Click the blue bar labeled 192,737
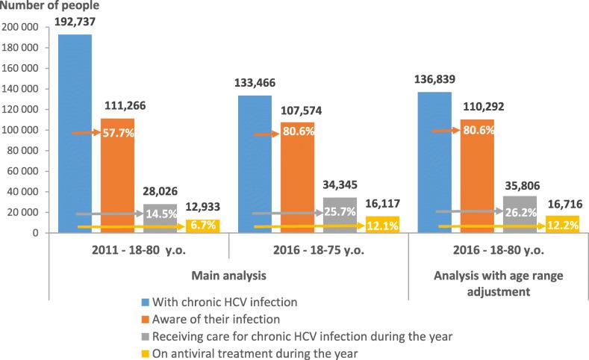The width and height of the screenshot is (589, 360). pos(75,134)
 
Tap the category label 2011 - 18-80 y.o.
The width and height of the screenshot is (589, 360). pos(140,250)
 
